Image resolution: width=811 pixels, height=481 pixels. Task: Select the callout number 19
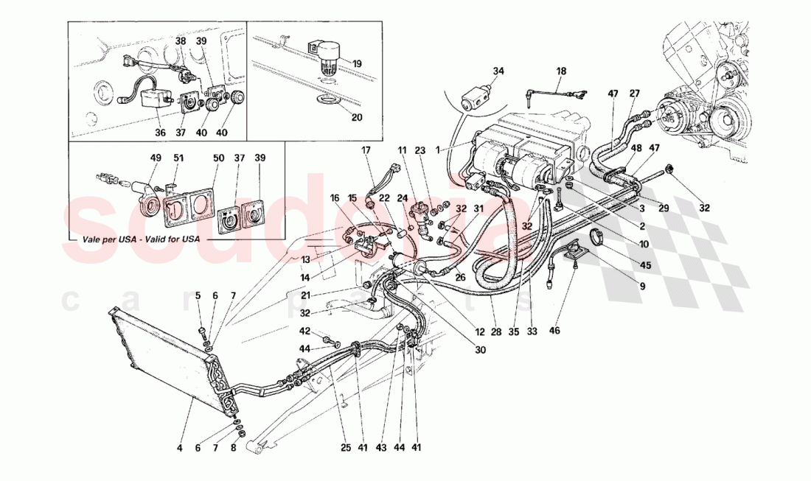point(357,63)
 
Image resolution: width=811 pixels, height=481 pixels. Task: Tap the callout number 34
point(498,71)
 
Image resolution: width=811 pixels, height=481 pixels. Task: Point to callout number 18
point(561,71)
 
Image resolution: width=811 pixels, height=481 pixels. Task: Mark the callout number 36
point(160,133)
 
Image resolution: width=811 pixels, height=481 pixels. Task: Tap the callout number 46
point(554,331)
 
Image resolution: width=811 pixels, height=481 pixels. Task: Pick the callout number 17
point(366,151)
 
